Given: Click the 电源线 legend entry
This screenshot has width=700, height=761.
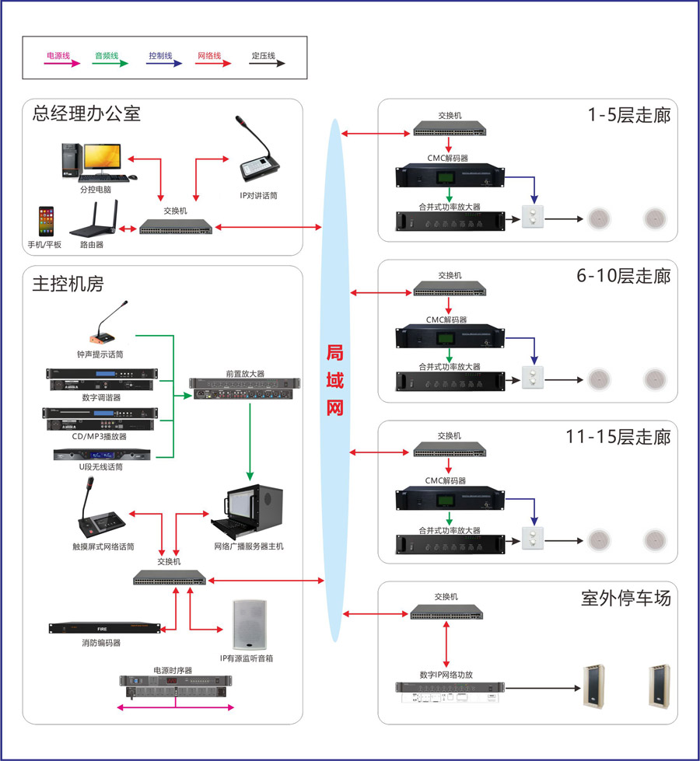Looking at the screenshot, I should point(59,57).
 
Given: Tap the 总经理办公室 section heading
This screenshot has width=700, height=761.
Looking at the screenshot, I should point(86,113).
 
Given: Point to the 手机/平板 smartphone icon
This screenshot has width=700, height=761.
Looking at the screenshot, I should point(47,222).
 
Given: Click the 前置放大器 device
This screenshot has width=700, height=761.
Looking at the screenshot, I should point(245,386).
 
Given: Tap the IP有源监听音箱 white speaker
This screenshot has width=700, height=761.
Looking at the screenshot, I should point(249,625).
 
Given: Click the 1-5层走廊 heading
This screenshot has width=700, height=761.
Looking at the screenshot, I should point(628,116).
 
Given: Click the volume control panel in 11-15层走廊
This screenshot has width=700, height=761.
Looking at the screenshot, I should point(533,536).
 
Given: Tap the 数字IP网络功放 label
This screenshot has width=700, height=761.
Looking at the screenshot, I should point(446,675).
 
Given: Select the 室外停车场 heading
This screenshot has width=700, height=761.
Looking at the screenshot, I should point(625,599).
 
